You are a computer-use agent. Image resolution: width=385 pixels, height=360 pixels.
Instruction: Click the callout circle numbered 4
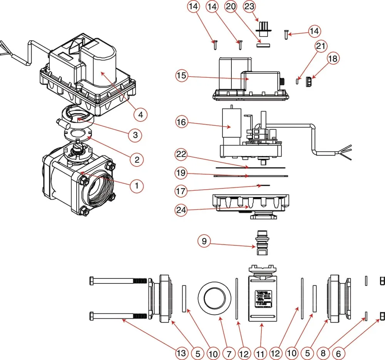coord(141,114)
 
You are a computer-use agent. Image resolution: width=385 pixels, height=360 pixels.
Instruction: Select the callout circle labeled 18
coord(333,58)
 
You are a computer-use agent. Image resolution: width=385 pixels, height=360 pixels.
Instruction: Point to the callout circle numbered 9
coord(204,242)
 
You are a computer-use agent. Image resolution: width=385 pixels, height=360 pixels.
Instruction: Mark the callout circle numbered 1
coord(136,186)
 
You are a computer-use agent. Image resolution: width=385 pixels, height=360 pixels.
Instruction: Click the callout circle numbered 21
coord(320,46)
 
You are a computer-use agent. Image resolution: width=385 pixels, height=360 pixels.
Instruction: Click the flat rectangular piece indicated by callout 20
coord(264,44)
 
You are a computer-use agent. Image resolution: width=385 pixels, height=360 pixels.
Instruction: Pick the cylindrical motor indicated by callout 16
coord(231,126)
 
